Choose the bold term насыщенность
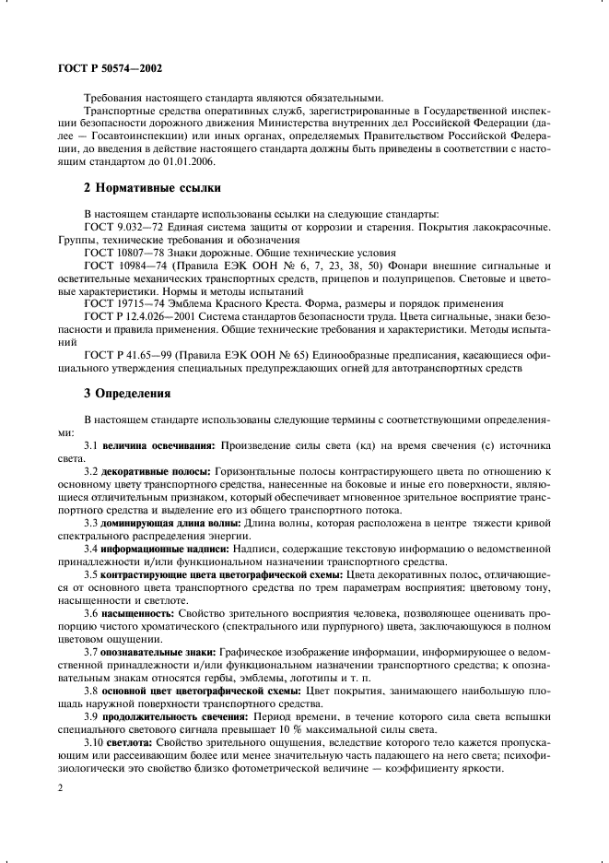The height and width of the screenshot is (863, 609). pos(138,612)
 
